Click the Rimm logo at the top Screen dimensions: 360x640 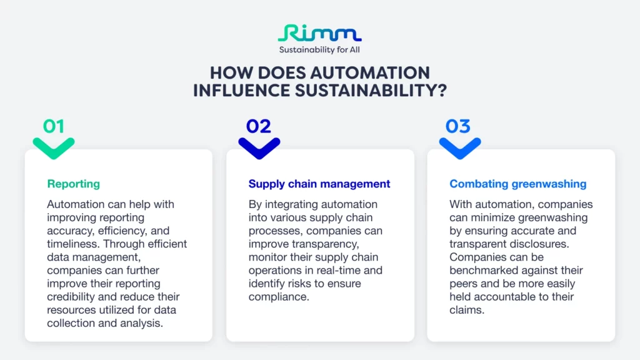(319, 33)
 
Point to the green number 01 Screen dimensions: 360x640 (54, 126)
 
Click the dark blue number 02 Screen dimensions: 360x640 (258, 126)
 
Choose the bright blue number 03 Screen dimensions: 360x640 (457, 126)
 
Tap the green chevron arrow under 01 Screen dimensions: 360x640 (54, 147)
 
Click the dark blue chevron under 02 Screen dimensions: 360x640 (259, 147)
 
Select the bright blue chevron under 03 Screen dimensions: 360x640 (459, 147)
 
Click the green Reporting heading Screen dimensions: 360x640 (73, 184)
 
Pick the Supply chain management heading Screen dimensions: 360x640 (319, 184)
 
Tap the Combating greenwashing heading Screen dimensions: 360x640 (517, 184)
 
